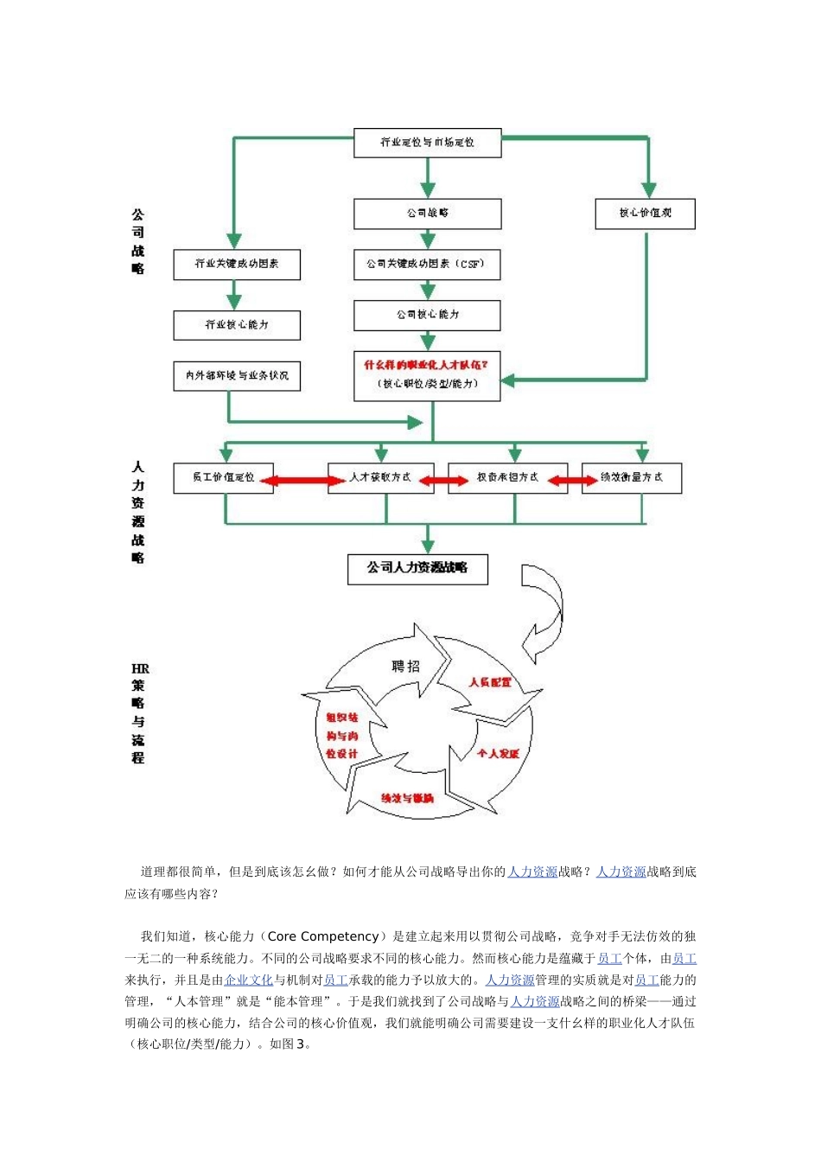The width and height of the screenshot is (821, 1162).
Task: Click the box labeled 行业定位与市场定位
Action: coord(427,144)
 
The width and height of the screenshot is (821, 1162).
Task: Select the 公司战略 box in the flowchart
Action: coord(427,214)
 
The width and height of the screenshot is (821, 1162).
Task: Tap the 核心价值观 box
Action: coord(645,214)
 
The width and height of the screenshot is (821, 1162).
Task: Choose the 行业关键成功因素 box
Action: coord(236,265)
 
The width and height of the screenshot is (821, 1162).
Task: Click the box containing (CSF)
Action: coord(427,265)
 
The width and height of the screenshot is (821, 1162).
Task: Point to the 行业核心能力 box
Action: coord(236,325)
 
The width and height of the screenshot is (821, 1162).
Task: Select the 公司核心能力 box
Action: coord(427,316)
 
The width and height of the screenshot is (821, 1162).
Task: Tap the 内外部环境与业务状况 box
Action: coord(236,376)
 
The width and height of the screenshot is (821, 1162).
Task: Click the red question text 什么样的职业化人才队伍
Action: coord(425,366)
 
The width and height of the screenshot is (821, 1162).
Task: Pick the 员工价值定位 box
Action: coord(223,478)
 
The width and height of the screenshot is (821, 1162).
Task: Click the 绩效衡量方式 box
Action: coord(631,478)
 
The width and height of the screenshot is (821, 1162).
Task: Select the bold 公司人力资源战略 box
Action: coord(417,569)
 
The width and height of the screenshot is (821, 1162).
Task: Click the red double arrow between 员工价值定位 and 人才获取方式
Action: coord(301,480)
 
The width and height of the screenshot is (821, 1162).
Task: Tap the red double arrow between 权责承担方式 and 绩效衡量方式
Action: coord(572,480)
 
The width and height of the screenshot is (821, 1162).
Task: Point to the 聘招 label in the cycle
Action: coord(405,667)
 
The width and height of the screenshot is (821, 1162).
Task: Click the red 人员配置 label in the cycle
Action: coord(490,683)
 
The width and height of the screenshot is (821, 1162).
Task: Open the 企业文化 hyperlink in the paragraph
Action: coord(248,980)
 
